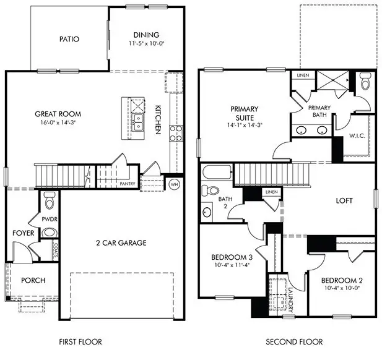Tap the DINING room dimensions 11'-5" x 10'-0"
(146, 44)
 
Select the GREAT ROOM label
(58, 114)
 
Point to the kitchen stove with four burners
(175, 133)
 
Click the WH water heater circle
(174, 184)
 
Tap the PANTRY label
(128, 184)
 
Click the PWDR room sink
(50, 233)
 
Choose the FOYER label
(23, 233)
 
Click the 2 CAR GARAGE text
(121, 242)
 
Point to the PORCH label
(33, 280)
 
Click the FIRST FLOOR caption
(80, 341)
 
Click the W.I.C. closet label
(357, 135)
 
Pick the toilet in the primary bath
(363, 81)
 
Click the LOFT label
(344, 201)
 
